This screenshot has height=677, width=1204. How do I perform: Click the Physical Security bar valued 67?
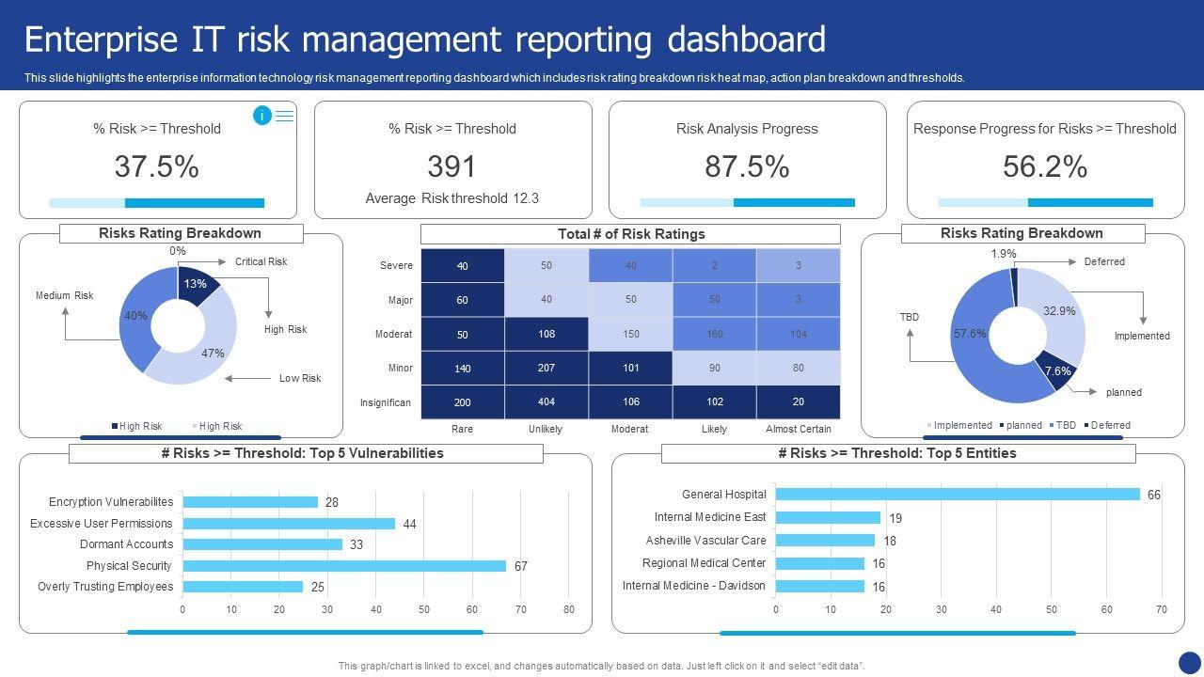(344, 566)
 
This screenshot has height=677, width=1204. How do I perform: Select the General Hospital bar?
(957, 495)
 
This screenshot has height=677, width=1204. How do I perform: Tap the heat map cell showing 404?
(547, 402)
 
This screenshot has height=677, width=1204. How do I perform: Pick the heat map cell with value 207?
(547, 368)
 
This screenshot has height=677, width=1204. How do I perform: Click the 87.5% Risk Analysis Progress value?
(747, 166)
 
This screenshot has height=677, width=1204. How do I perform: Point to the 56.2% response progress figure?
(1045, 166)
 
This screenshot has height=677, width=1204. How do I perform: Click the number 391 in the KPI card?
(452, 166)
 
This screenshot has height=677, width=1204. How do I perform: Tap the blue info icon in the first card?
(261, 116)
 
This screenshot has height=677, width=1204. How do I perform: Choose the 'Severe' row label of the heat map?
(396, 265)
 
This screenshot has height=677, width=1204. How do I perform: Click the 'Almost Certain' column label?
(799, 429)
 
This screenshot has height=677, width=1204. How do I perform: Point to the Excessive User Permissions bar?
(289, 524)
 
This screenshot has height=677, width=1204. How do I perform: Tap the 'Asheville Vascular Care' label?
(705, 541)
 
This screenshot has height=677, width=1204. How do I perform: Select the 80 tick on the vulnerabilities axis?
(569, 609)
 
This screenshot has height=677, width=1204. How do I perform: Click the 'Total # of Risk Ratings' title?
(630, 234)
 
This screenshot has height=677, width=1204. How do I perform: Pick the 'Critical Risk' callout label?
(261, 261)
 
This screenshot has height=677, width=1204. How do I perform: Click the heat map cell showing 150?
(630, 334)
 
